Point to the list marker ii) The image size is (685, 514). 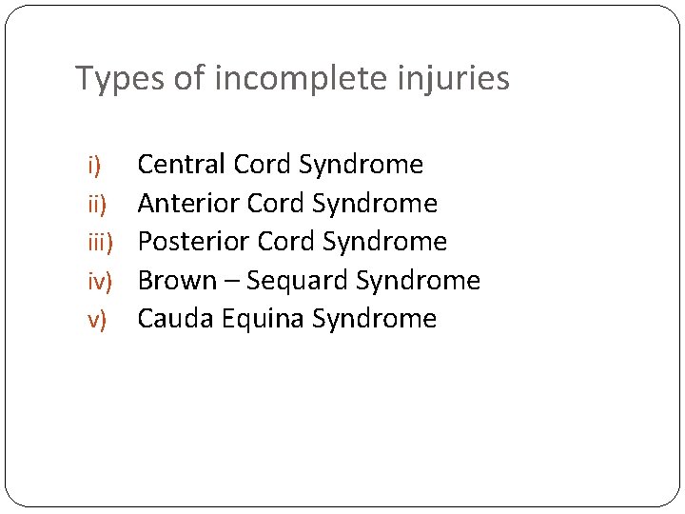pyautogui.click(x=97, y=204)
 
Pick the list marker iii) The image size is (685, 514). pyautogui.click(x=100, y=243)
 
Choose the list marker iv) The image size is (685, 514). pyautogui.click(x=100, y=282)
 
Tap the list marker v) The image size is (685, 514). pyautogui.click(x=97, y=320)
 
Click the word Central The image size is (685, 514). pyautogui.click(x=182, y=165)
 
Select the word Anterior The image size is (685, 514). pyautogui.click(x=188, y=204)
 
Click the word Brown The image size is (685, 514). pyautogui.click(x=177, y=281)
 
